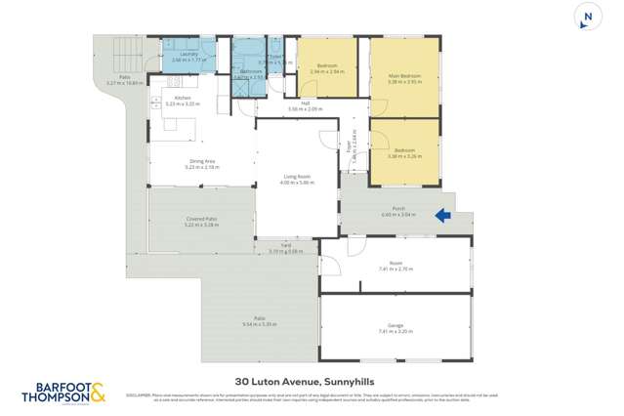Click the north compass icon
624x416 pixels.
pos(587,18)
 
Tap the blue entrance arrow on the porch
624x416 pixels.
pos(442,216)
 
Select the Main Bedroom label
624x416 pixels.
pos(403,75)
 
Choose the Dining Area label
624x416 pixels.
pos(202,163)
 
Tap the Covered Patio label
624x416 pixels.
pos(202,219)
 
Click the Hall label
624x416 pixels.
pos(306,104)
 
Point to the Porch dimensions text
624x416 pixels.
pos(398,215)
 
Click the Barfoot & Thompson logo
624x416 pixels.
pos(63,394)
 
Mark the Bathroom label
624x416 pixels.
pos(252,72)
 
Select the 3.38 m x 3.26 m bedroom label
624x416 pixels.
pos(403,152)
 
